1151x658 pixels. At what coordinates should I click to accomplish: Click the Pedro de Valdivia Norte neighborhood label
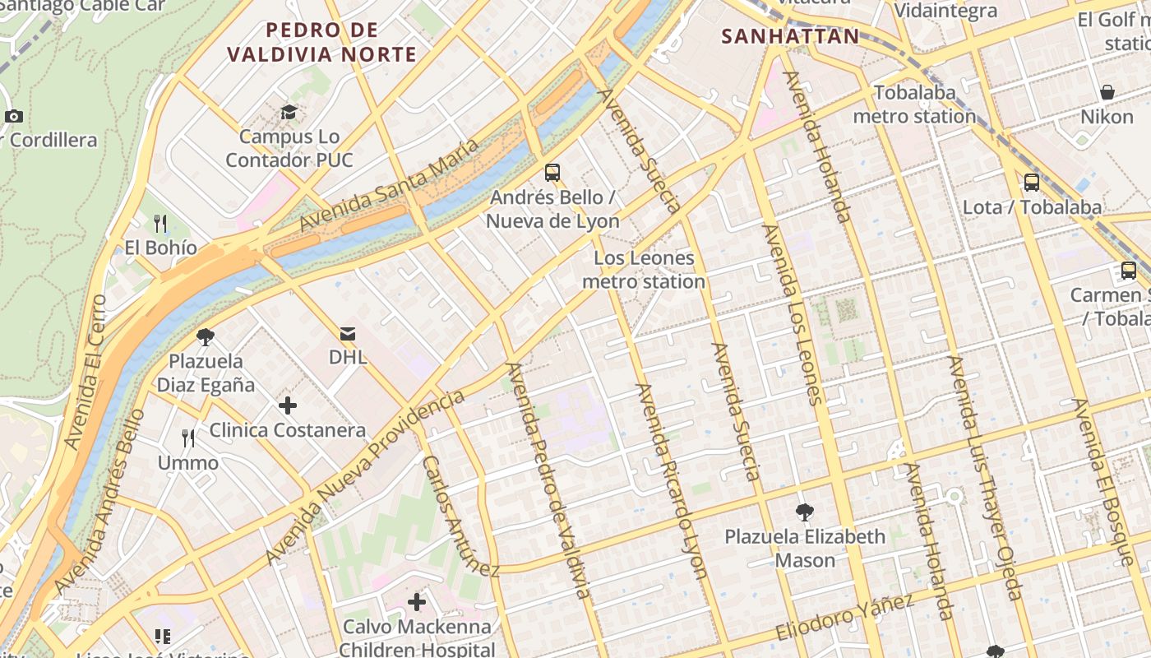tap(321, 43)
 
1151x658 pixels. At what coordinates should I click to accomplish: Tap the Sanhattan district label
tap(790, 36)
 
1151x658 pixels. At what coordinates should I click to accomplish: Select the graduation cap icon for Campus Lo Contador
tap(289, 112)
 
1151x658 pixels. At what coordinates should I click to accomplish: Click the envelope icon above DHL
tap(348, 333)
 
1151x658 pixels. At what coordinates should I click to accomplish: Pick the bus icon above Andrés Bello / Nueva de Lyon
tap(552, 173)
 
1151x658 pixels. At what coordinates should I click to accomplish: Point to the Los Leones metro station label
tap(644, 270)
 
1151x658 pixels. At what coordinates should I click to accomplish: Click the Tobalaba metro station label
tap(914, 104)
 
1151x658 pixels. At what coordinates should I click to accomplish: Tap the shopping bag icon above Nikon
tap(1107, 91)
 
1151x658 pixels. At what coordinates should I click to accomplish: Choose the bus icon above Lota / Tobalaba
tap(1032, 183)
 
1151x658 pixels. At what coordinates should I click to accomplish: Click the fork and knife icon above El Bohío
tap(160, 223)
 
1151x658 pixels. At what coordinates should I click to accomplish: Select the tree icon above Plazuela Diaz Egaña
tap(206, 336)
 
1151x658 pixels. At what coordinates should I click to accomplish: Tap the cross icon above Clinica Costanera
tap(288, 405)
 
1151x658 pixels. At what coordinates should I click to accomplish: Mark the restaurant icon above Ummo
tap(188, 438)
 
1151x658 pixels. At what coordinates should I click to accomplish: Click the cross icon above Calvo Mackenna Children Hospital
tap(417, 602)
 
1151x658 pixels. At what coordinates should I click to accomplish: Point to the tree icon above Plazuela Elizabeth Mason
tap(804, 512)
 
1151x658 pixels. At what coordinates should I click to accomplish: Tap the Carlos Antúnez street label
tap(460, 516)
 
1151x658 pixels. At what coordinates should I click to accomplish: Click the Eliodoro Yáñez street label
tap(845, 617)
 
